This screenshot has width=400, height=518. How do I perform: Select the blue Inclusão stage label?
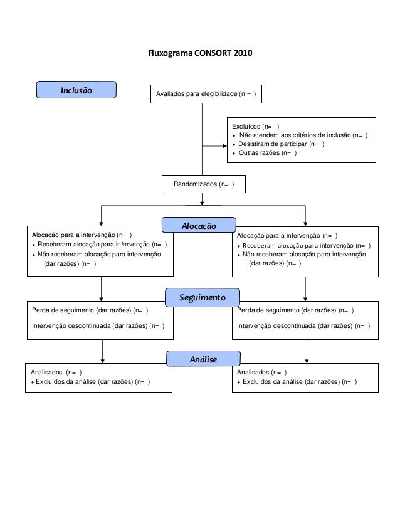[x=76, y=90]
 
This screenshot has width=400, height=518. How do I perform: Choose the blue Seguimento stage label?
[x=203, y=295]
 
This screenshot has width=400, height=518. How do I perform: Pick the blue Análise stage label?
[x=203, y=359]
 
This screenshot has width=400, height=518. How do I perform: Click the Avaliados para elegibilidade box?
[x=206, y=95]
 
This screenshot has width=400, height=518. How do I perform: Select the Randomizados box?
[x=204, y=184]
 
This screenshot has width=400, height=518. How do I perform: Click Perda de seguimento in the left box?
[x=90, y=310]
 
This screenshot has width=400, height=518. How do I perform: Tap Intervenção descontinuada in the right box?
[x=303, y=326]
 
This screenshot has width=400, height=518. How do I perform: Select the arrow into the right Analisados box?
[x=305, y=359]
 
